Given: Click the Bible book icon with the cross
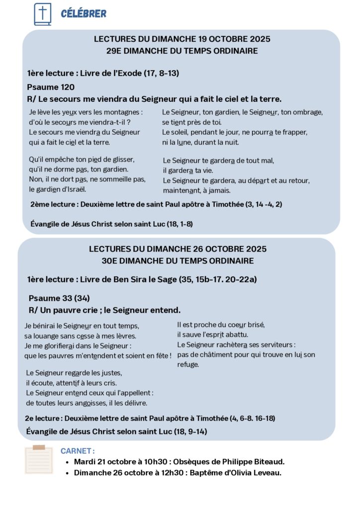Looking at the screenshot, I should (42, 14).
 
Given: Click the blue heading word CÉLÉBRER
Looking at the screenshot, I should (84, 13).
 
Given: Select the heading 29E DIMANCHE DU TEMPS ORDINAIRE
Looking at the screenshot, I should (182, 50).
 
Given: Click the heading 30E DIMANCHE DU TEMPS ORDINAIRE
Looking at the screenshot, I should (178, 260).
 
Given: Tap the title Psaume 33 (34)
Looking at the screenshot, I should (59, 298).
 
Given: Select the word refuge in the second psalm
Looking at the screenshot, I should (188, 364).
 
